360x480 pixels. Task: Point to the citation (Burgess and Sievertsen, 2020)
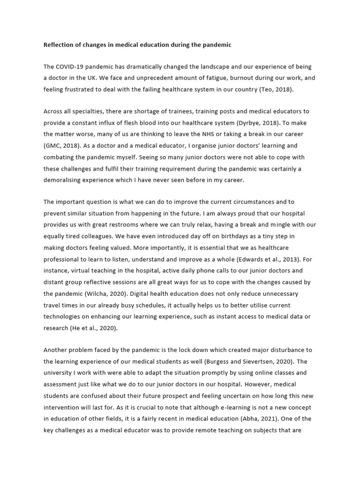(x=248, y=361)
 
